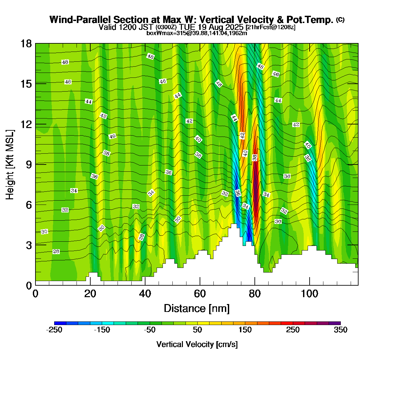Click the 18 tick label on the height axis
tap(26, 44)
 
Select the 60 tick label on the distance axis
tap(200, 294)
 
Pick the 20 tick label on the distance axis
tap(90, 294)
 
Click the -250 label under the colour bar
tap(54, 330)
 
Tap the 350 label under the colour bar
tap(340, 330)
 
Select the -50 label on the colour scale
tap(150, 330)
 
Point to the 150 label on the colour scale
tap(245, 330)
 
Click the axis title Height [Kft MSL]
tap(10, 164)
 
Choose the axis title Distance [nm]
tap(197, 309)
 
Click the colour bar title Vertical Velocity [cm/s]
tap(197, 344)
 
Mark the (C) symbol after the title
tap(340, 20)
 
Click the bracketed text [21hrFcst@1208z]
tap(270, 27)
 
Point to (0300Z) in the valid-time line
tap(166, 27)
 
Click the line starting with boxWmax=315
tap(197, 33)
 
